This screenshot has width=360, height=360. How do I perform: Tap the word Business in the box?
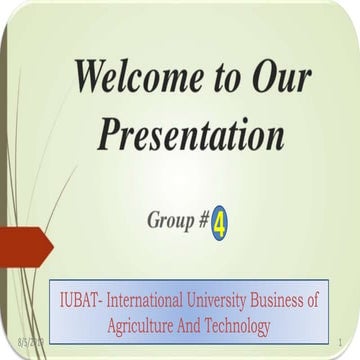(x=293, y=299)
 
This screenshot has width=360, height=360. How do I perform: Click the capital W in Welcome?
(x=91, y=78)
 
